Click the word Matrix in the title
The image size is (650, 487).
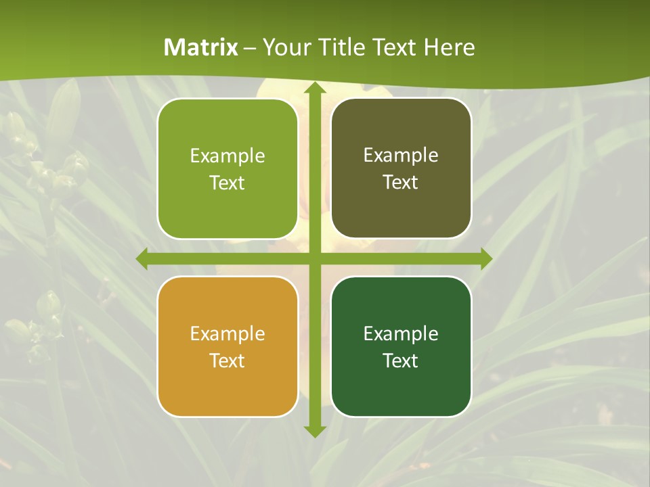tap(201, 47)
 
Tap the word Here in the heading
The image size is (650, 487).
tap(450, 47)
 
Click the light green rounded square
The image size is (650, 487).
tap(227, 169)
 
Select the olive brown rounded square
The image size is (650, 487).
tap(401, 168)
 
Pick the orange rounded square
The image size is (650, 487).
tap(227, 346)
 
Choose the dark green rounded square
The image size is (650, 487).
tap(401, 346)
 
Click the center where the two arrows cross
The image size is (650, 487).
tap(314, 259)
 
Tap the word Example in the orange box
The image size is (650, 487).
tap(227, 333)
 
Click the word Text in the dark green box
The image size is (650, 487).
tap(401, 361)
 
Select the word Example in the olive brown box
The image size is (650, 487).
tap(401, 155)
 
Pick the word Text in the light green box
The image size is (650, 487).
tap(227, 183)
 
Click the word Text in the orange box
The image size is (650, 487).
tap(227, 361)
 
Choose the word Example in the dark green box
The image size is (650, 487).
tap(401, 333)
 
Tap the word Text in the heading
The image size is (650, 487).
tap(397, 47)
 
